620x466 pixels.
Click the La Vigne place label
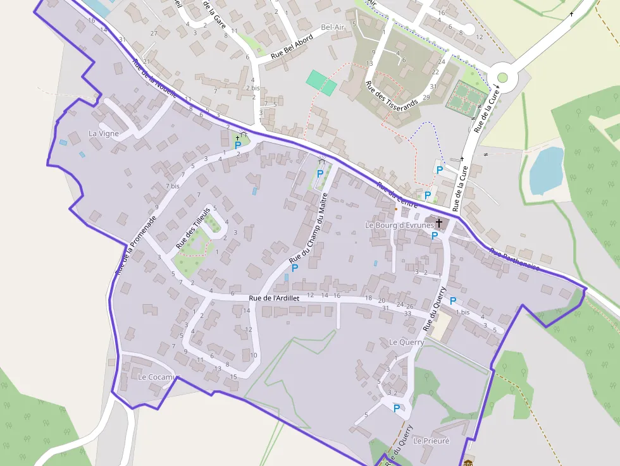click(x=104, y=133)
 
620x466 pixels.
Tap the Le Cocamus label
click(x=159, y=377)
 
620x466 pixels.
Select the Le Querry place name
click(x=406, y=342)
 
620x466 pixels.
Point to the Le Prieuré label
click(x=431, y=441)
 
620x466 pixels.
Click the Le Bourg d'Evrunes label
click(x=399, y=224)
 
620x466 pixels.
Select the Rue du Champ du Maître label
click(x=309, y=228)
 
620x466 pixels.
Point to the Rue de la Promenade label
click(x=135, y=245)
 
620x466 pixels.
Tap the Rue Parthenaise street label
click(x=514, y=260)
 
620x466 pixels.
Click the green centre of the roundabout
click(x=502, y=78)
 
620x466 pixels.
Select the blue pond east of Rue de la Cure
click(x=546, y=169)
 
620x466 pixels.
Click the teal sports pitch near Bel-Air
click(x=321, y=83)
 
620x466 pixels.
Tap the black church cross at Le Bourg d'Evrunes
click(x=438, y=223)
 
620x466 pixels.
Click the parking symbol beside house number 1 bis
click(x=453, y=301)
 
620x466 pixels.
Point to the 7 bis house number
click(x=173, y=187)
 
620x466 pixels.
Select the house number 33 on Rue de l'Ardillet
click(x=408, y=313)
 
